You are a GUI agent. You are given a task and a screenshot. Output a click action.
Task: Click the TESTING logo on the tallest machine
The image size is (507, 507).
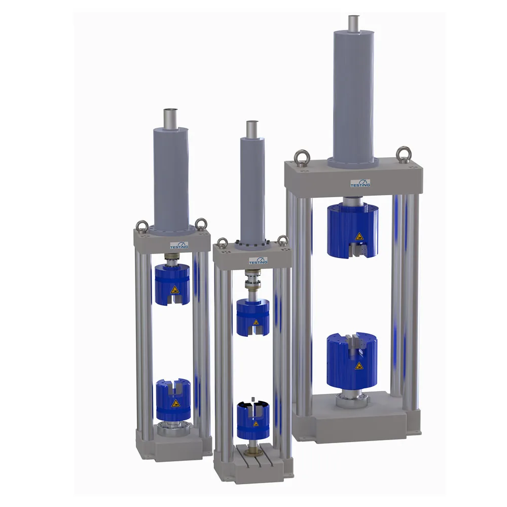pyautogui.click(x=360, y=183)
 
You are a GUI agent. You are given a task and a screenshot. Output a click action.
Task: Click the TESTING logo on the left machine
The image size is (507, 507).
pyautogui.click(x=179, y=245)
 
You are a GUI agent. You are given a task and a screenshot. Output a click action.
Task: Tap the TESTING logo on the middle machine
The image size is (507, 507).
pyautogui.click(x=258, y=261)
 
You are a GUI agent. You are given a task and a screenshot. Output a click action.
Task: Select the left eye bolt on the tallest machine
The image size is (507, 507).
pyautogui.click(x=303, y=158)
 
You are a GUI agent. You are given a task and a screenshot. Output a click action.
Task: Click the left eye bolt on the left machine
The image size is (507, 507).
pyautogui.click(x=142, y=226)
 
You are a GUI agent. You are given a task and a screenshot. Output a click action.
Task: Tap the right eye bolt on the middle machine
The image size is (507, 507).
pyautogui.click(x=283, y=240)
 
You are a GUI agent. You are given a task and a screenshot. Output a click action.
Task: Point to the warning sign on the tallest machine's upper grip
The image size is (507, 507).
pyautogui.click(x=359, y=237)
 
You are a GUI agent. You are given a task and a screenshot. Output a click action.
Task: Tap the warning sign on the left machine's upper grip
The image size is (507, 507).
pyautogui.click(x=174, y=289)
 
